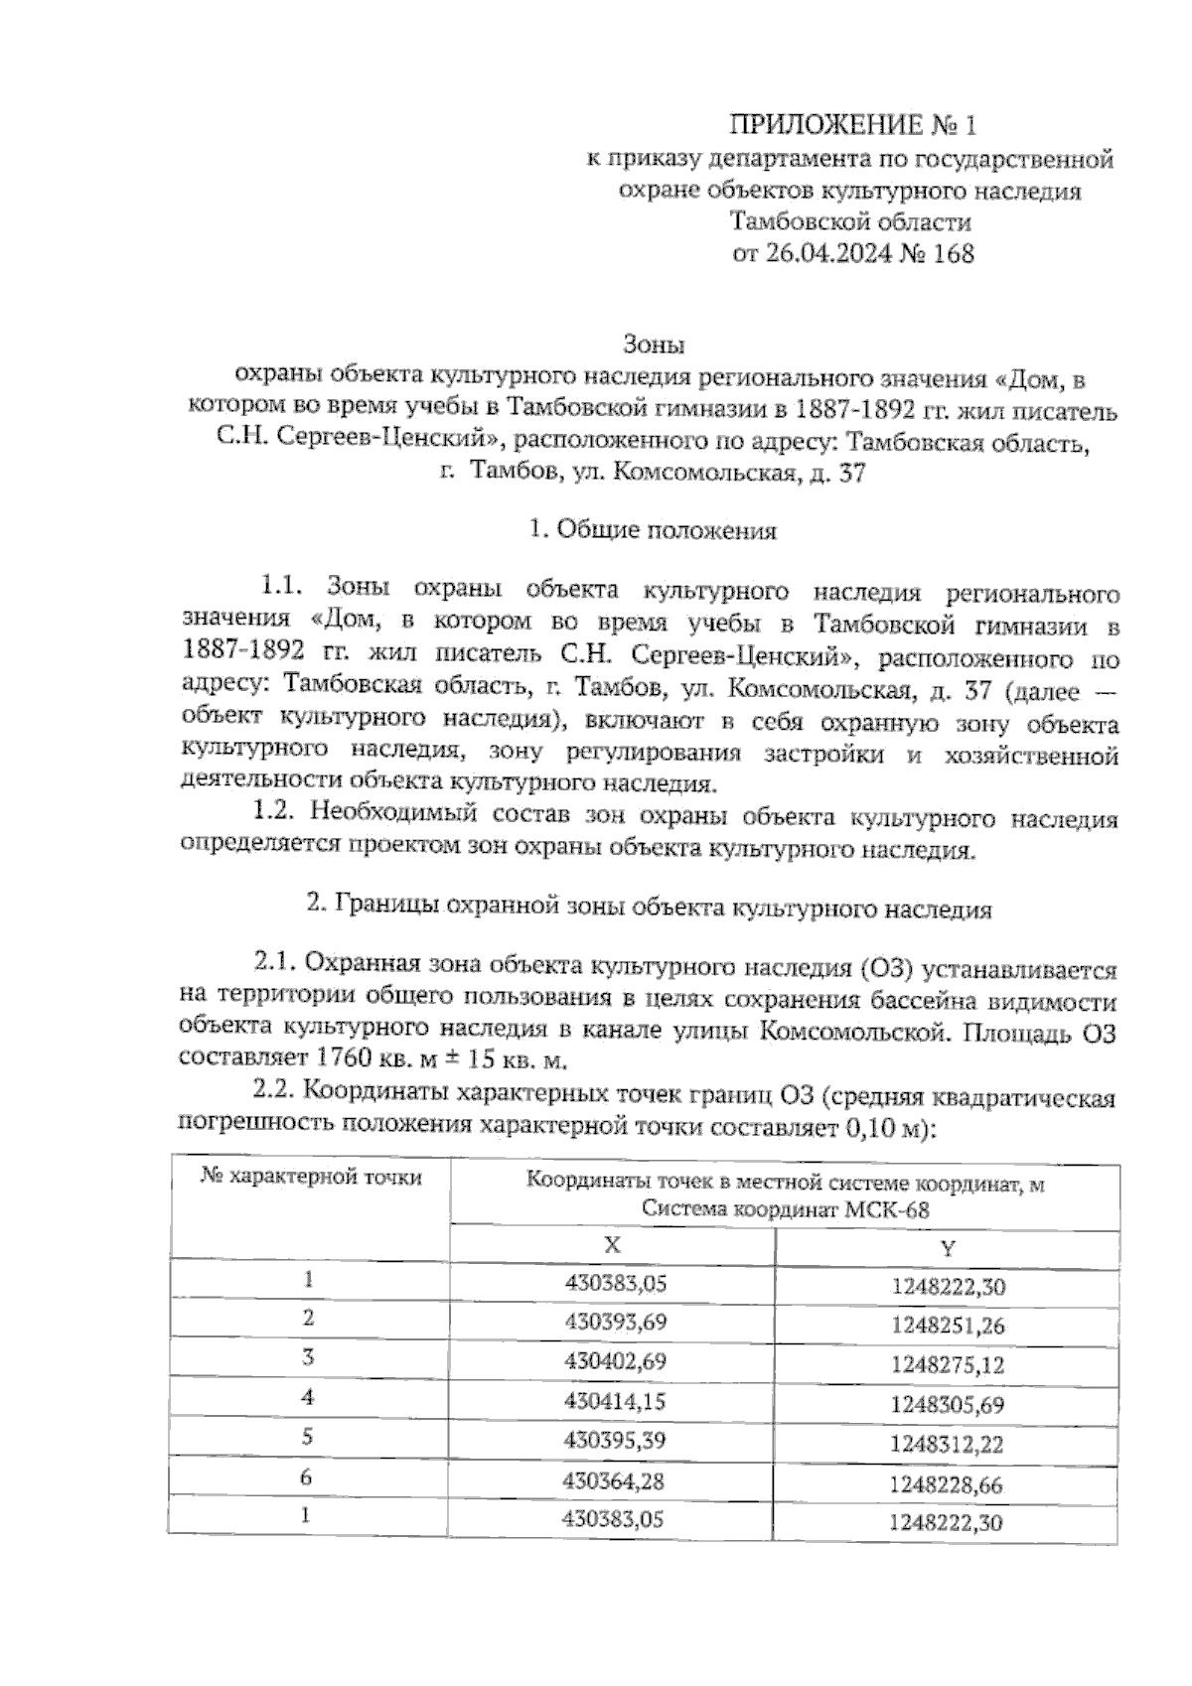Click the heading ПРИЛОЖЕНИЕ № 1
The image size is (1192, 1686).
click(x=853, y=125)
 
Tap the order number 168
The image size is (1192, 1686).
click(x=952, y=254)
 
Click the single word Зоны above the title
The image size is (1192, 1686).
click(x=654, y=346)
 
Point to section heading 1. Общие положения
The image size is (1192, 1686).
click(x=654, y=530)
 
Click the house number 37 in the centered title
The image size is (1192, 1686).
click(x=852, y=475)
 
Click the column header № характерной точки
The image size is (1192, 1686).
click(x=311, y=1179)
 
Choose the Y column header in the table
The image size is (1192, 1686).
click(x=947, y=1248)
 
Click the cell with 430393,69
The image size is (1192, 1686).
click(x=615, y=1322)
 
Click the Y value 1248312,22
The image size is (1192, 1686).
click(x=946, y=1445)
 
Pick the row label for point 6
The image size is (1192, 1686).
click(x=307, y=1477)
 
